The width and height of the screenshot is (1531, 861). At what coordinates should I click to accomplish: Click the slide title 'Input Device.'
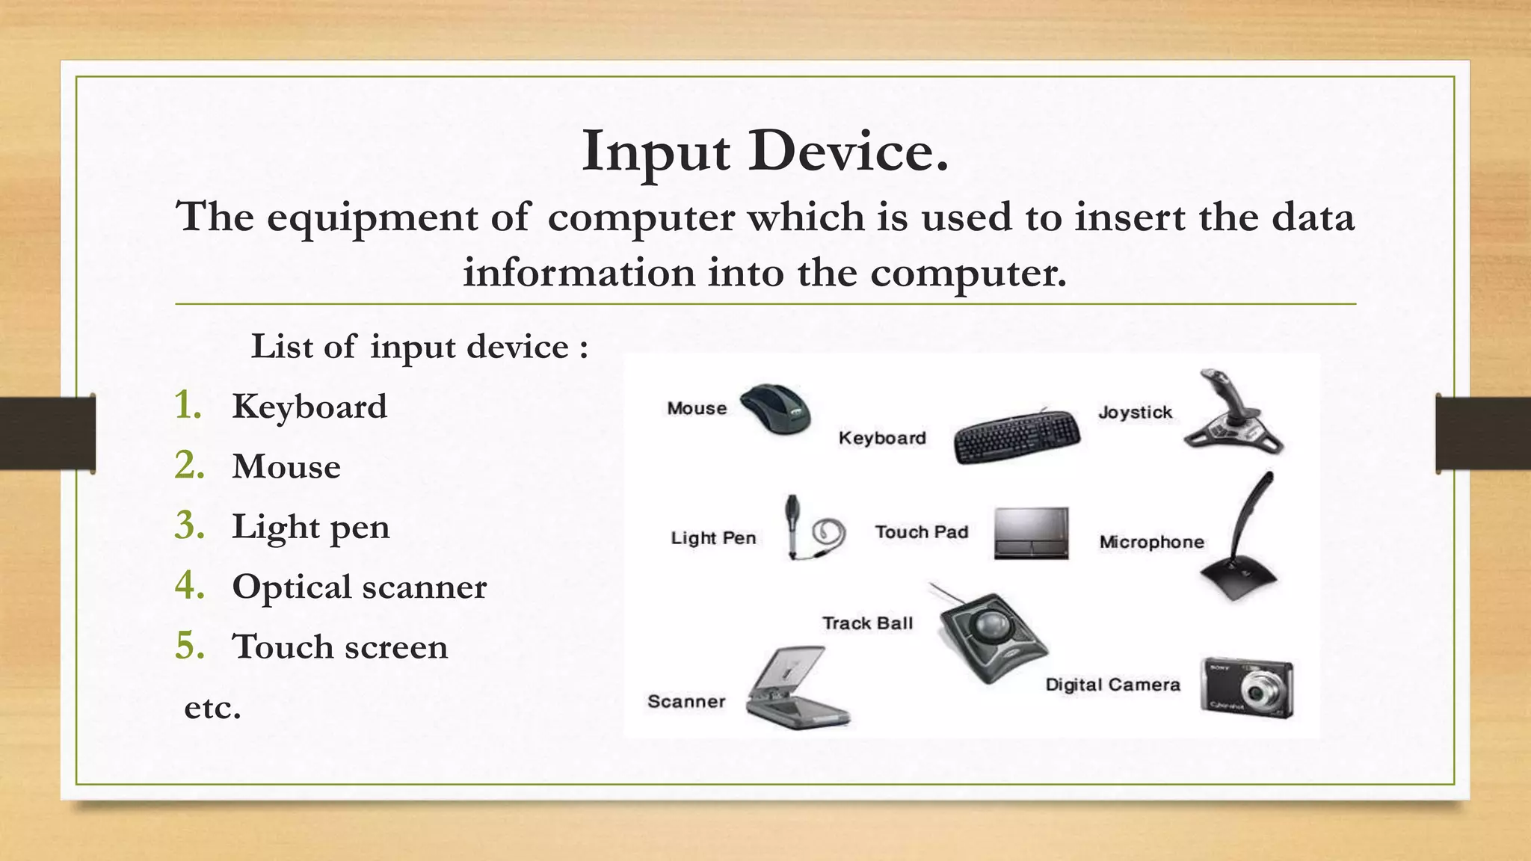765,152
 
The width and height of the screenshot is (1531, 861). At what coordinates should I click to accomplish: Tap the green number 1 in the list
188,406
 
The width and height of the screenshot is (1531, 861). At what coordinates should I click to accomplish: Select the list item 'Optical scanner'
359,587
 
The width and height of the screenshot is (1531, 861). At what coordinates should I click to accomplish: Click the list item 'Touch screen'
340,646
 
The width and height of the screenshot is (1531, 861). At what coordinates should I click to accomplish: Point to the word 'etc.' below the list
213,707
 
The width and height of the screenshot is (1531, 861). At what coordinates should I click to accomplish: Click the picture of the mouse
776,408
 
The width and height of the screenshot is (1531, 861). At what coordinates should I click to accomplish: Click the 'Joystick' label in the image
1135,413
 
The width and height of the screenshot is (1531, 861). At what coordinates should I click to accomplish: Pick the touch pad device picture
1031,533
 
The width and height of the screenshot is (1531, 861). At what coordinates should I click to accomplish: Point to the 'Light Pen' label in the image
713,538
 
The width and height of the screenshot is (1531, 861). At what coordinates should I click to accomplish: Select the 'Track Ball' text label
867,623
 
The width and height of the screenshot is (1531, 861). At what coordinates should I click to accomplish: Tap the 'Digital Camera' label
1112,685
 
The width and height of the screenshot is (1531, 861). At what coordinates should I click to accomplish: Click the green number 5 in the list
190,646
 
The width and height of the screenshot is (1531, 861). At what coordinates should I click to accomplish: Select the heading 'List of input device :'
419,347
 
